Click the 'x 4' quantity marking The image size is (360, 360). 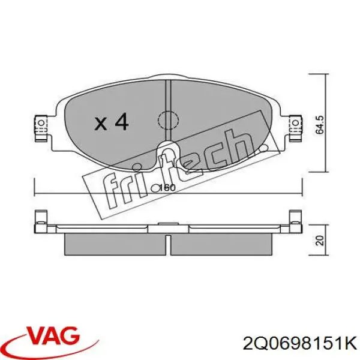112,122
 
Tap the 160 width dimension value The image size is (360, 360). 167,188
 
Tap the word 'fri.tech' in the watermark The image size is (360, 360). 174,171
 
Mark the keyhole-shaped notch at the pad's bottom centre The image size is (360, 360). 167,157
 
